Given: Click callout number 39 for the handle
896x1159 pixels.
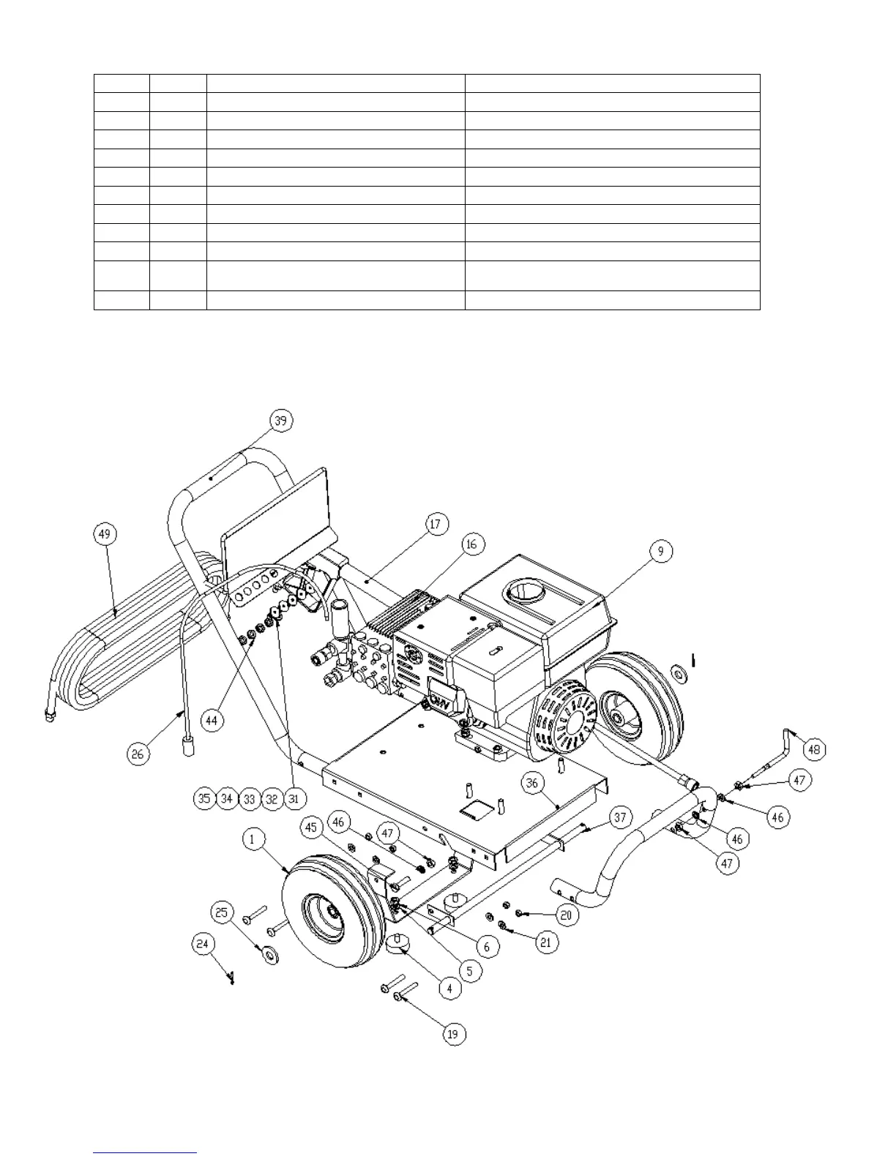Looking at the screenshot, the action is pos(280,420).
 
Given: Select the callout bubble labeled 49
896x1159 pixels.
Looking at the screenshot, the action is pos(105,534).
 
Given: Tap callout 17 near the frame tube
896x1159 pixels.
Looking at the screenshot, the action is pos(436,524).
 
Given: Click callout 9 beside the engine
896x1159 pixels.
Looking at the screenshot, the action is pos(660,551).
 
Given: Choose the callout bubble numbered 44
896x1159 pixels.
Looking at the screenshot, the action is pos(212,720).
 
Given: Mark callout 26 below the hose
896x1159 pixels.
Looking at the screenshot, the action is pos(139,753).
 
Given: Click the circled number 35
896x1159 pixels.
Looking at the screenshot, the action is pos(205,798).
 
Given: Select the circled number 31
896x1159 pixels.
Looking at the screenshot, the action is pos(294,798).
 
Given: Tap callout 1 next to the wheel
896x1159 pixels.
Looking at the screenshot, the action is pos(253,839).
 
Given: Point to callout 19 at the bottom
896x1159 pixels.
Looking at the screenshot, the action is pos(454,1034).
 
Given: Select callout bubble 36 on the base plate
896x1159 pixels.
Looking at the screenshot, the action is pos(532,783).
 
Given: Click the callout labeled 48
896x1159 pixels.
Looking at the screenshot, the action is pos(814,749).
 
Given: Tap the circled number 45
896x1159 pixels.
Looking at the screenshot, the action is pos(312,828).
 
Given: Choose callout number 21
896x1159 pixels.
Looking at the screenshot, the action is pos(545,942).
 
